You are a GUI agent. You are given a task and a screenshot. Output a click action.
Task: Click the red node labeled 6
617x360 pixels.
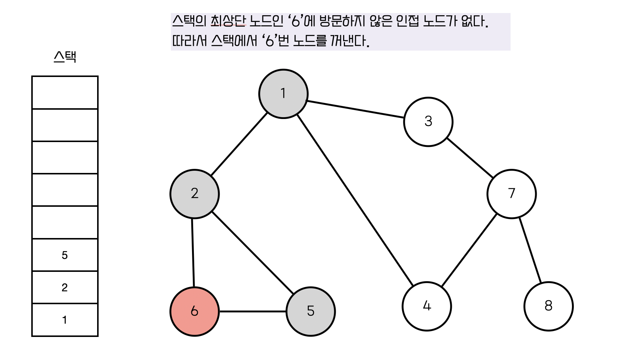coord(194,311)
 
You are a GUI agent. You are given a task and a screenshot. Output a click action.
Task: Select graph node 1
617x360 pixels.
coord(283,94)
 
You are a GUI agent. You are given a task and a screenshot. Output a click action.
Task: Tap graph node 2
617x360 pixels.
coord(194,194)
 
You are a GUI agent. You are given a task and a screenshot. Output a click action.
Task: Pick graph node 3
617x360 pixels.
coord(428,122)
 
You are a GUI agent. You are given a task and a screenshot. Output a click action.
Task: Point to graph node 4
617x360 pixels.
coord(426,306)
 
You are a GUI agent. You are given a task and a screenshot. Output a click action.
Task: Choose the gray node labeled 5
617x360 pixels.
coord(310,311)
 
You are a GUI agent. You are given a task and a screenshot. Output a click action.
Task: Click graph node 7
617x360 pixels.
coord(511,194)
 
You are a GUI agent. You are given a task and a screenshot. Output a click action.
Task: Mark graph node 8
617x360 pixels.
coord(548,306)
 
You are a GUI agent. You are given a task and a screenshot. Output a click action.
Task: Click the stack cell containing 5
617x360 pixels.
coord(65,255)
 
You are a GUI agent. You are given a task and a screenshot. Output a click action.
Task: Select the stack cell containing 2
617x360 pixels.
coord(65,287)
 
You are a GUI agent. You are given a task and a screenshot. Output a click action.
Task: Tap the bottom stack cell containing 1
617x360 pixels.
coord(65,320)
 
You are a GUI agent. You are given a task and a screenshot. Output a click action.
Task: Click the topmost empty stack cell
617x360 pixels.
coord(65,93)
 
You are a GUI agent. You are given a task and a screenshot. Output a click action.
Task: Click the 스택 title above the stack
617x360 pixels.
coord(65,57)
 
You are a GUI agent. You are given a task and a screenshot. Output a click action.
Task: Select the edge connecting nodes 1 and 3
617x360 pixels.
coord(355,109)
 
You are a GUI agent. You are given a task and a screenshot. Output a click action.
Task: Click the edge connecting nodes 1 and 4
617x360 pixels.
coord(355,201)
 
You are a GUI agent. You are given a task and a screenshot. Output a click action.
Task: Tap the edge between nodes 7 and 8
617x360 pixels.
coord(530,250)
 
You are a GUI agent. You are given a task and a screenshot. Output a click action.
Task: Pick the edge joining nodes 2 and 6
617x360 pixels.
coord(193,253)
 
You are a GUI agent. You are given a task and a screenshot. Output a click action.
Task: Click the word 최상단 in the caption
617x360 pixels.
coord(228,21)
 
